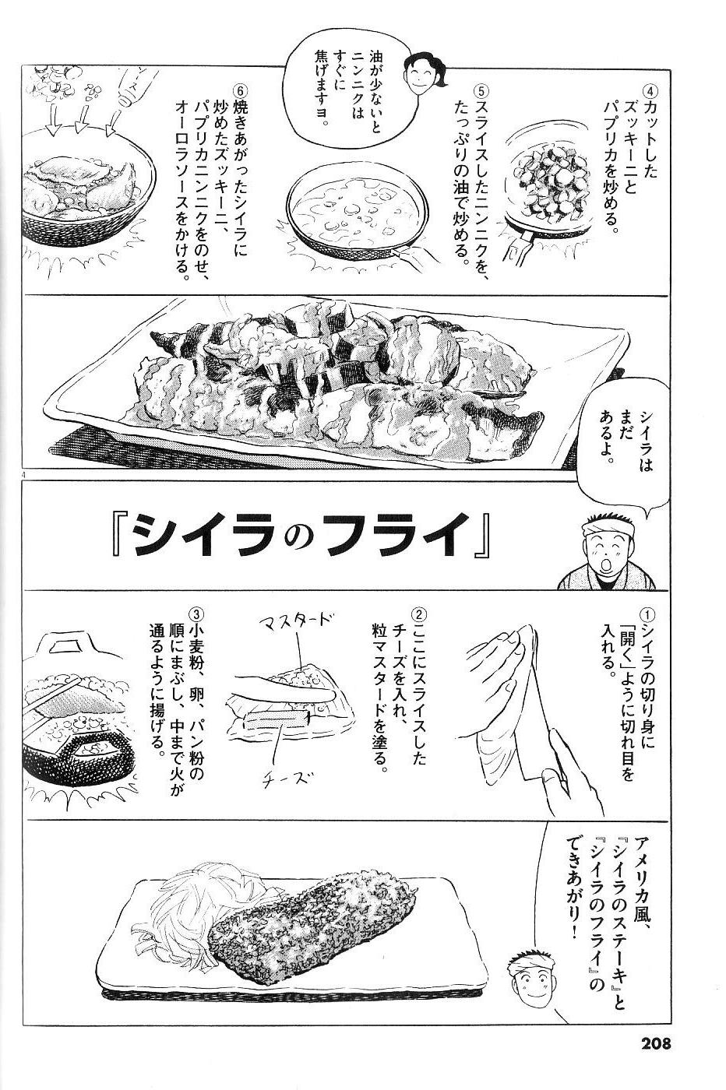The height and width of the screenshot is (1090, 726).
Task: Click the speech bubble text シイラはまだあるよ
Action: coord(626,432)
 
